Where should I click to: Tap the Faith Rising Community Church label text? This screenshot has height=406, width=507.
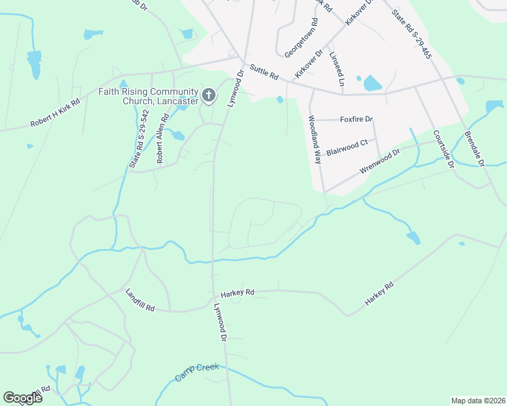click(x=148, y=96)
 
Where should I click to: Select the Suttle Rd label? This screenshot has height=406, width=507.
click(x=264, y=72)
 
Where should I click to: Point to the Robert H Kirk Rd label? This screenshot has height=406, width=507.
click(x=56, y=113)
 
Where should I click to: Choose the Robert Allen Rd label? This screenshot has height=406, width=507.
click(x=162, y=139)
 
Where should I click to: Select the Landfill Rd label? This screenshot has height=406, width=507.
click(x=140, y=300)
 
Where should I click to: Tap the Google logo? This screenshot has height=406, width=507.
click(x=22, y=398)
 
